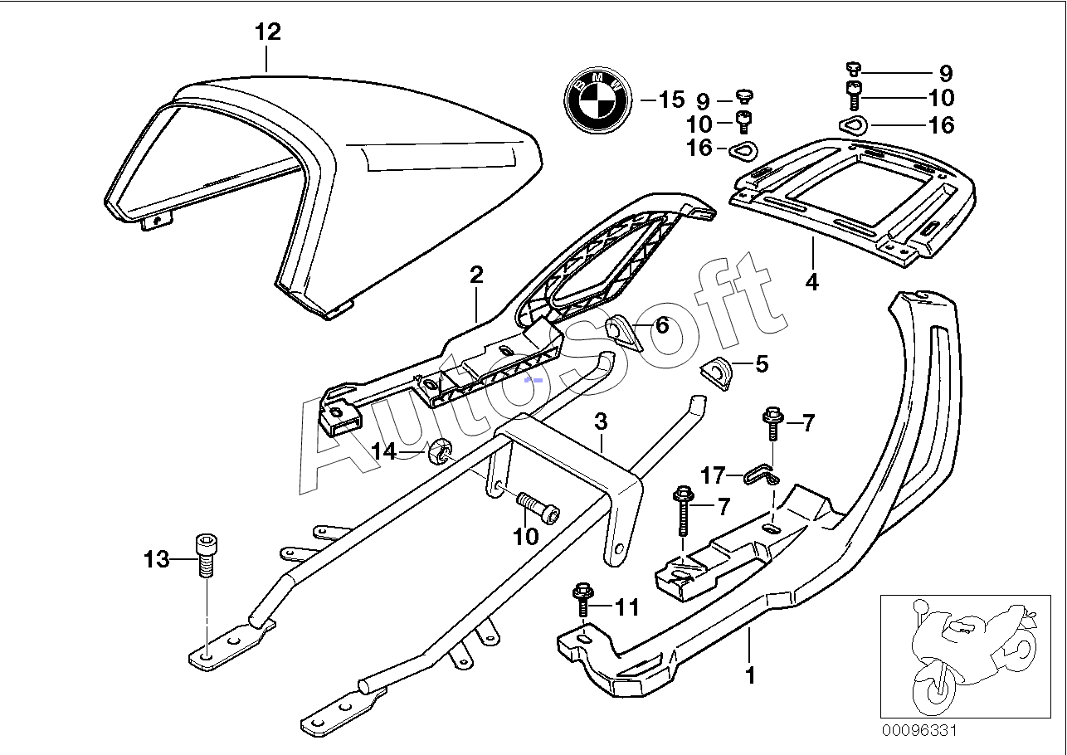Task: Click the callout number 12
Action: click(268, 32)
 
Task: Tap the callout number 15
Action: click(671, 100)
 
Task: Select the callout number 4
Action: click(812, 282)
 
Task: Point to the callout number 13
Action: click(156, 559)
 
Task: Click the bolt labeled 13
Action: click(207, 555)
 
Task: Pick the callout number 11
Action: click(627, 607)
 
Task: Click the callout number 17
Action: click(713, 475)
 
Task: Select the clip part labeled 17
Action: click(761, 475)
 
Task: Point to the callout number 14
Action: click(384, 451)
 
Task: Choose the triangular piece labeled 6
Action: click(623, 335)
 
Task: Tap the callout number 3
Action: click(602, 421)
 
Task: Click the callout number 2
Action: click(476, 275)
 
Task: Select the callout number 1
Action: click(750, 675)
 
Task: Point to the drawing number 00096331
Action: click(918, 731)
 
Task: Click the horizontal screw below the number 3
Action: click(538, 506)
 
